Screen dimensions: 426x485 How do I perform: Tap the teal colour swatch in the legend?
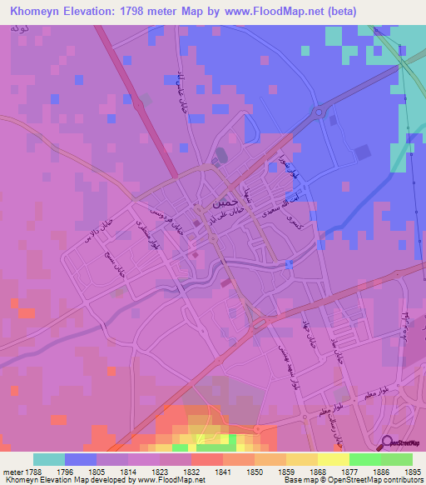tap(49, 459)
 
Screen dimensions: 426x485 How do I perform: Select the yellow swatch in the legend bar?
tap(334, 459)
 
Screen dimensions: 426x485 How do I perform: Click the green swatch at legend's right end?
tap(397, 459)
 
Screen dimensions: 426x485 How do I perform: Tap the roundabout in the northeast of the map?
tap(317, 112)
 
